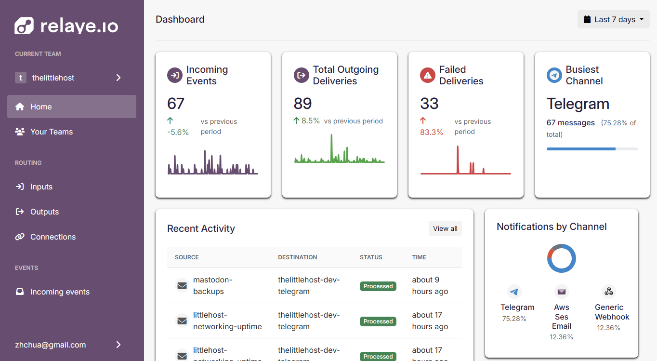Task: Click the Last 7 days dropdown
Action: click(613, 19)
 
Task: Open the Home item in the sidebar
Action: click(72, 107)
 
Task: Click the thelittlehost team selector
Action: click(68, 78)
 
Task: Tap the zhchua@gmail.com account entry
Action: click(68, 345)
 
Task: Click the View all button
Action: click(445, 228)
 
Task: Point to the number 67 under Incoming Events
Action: click(176, 103)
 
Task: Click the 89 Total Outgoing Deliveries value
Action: click(302, 103)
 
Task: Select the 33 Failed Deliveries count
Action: click(429, 103)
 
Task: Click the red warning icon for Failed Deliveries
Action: click(428, 75)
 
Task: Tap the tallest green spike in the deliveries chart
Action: click(331, 147)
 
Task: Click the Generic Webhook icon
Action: click(609, 292)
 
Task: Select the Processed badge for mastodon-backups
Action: click(378, 286)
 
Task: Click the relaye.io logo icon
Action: click(24, 26)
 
